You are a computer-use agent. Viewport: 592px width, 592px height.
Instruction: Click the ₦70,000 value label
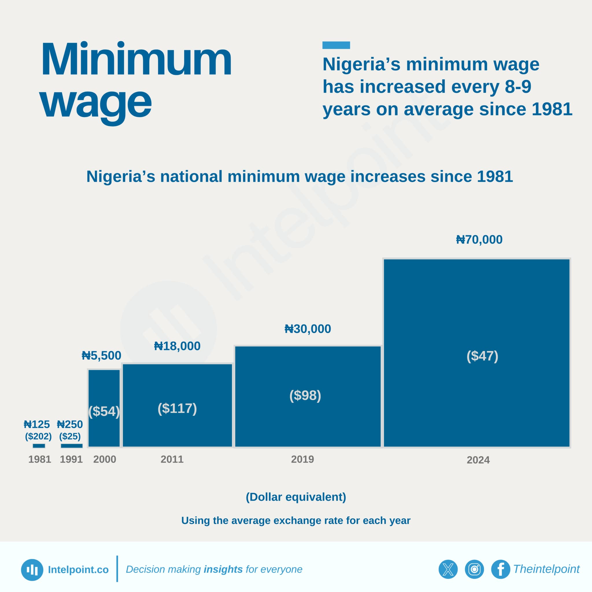pos(479,240)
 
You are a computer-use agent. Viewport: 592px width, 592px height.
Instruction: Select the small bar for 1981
pos(39,446)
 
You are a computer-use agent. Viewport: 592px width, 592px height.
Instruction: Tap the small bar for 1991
pos(71,446)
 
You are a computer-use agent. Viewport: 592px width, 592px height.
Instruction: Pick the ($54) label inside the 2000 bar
pos(104,411)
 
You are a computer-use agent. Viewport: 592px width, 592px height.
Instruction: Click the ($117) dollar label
pos(177,408)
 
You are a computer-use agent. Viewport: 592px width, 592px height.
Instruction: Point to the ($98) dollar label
pos(305,395)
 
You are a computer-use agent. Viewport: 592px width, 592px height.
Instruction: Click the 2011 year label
pos(172,459)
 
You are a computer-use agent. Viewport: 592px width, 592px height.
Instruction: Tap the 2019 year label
pos(302,459)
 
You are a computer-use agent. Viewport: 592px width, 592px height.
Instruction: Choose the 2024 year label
pos(478,460)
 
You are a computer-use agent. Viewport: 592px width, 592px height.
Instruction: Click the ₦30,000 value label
pos(308,329)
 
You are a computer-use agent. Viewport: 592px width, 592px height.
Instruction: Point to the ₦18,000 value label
pos(177,346)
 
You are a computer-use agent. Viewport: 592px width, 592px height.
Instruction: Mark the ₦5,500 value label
pos(101,356)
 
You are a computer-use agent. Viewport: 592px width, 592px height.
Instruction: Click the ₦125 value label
pos(37,424)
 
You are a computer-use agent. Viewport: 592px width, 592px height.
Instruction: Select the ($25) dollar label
pos(70,436)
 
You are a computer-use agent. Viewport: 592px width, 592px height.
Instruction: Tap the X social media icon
pos(448,569)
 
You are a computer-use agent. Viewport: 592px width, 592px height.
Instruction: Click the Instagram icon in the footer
pos(474,569)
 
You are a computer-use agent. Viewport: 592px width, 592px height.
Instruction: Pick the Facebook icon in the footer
pos(500,569)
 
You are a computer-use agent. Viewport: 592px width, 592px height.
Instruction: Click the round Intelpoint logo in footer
pos(32,570)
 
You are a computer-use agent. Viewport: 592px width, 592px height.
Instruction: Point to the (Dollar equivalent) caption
pos(296,497)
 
